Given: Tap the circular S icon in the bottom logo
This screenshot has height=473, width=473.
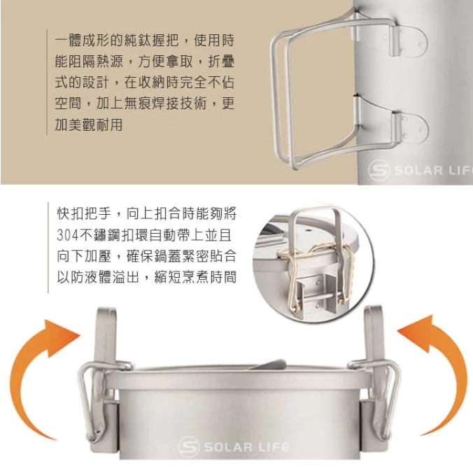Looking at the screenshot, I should pos(188,446).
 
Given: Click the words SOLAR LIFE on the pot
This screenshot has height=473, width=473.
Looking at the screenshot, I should pos(246,446).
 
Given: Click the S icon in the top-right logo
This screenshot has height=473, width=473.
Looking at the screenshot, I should pos(379,171).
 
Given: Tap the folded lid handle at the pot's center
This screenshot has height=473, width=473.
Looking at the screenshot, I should pos(269,365).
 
